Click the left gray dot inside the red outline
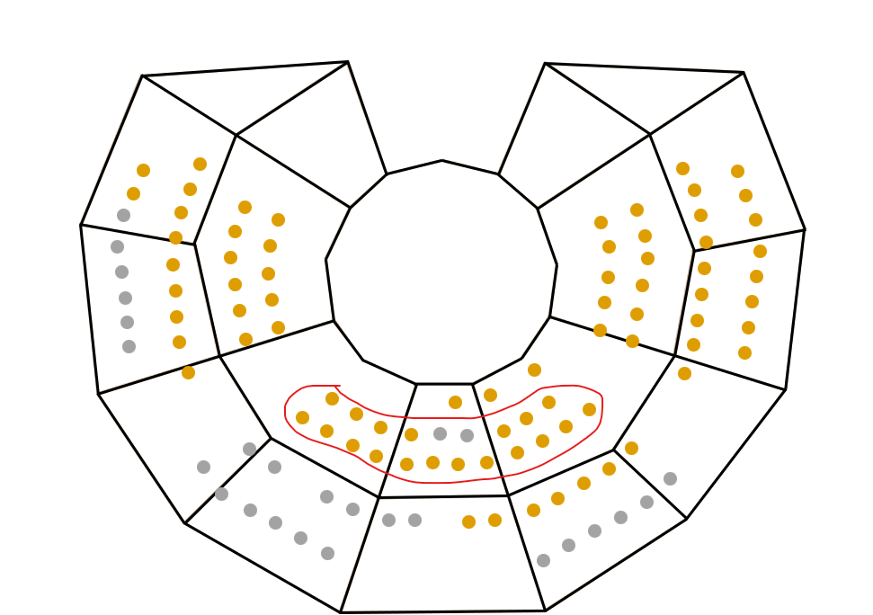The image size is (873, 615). click(440, 433)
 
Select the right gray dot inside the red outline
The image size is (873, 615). click(467, 435)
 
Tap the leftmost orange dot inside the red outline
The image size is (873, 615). click(302, 417)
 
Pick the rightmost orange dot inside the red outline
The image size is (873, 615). click(589, 409)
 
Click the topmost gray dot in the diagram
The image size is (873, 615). click(123, 215)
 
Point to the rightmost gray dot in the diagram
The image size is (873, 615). click(670, 478)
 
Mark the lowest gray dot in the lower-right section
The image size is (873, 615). click(543, 560)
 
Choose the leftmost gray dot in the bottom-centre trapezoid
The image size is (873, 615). click(388, 520)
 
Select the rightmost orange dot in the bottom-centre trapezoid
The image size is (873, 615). click(494, 520)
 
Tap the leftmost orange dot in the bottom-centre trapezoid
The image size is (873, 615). click(468, 521)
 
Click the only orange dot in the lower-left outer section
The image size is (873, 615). click(188, 372)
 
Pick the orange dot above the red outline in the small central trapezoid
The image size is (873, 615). click(455, 402)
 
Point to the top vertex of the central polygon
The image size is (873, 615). click(441, 161)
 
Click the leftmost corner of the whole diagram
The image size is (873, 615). click(81, 225)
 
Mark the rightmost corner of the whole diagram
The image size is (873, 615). click(805, 230)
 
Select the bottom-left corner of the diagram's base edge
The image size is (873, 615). click(341, 612)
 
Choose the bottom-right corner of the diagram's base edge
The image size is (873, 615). click(545, 611)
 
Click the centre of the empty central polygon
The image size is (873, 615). click(441, 270)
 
